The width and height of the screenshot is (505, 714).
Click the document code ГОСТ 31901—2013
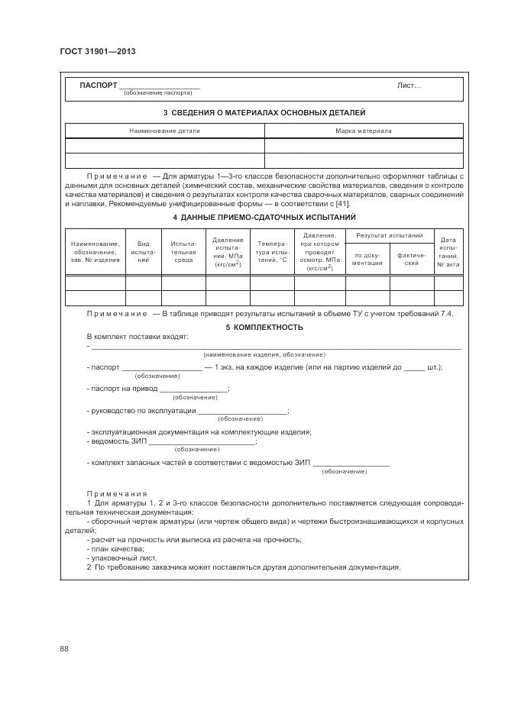point(92,51)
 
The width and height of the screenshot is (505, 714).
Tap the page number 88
point(64,649)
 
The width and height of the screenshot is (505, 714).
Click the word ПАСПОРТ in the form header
point(99,85)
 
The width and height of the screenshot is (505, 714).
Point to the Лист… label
point(409,86)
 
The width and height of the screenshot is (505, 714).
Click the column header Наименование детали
point(164,131)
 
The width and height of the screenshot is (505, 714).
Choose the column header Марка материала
point(363,131)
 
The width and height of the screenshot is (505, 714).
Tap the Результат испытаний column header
point(390,237)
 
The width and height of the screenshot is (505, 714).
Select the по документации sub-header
point(367,259)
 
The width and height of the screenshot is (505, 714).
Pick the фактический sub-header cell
point(411,259)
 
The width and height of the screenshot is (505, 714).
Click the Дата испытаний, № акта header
point(448,252)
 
